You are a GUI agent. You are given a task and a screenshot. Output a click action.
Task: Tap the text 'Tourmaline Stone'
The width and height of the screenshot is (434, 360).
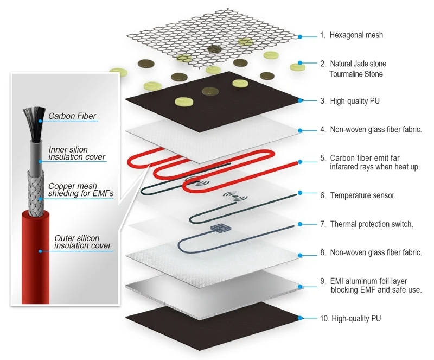(x=355, y=74)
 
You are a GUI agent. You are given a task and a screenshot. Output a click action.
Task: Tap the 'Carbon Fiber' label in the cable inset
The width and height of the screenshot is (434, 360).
(x=72, y=116)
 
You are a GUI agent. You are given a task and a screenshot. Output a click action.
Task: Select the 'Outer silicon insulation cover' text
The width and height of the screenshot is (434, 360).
(x=82, y=242)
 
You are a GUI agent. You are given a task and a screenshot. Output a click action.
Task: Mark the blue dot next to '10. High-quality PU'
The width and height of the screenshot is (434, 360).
(x=300, y=318)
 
